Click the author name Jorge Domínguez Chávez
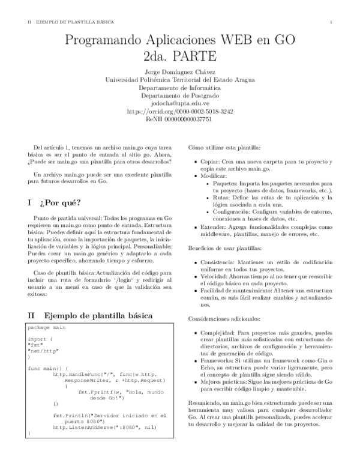point(180,71)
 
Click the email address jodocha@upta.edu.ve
point(180,103)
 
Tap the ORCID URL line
point(180,111)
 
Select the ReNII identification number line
point(180,119)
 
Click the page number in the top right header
point(331,22)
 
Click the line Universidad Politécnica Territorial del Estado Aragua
point(180,79)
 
